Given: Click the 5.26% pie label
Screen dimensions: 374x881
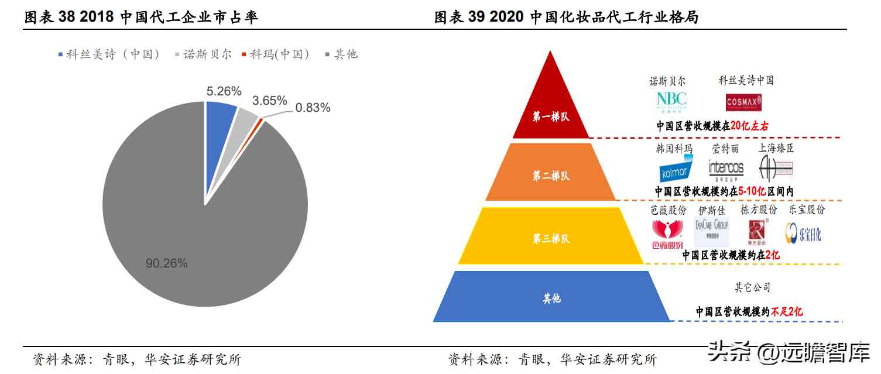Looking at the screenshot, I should click(x=224, y=91).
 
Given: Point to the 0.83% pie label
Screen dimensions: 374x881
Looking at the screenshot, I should click(x=313, y=108).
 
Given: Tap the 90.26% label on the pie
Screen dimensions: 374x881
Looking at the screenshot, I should click(x=166, y=263).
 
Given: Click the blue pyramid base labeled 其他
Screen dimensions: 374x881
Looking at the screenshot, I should click(x=551, y=298).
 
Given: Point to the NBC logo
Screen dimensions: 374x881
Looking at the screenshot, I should click(x=671, y=101).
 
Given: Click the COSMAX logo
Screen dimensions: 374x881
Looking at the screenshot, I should click(x=743, y=102).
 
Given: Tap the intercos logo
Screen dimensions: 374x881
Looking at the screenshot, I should click(x=726, y=169).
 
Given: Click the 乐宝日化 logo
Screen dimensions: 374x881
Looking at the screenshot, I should click(x=803, y=234).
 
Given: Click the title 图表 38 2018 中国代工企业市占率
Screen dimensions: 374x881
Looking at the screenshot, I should click(x=141, y=18).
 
